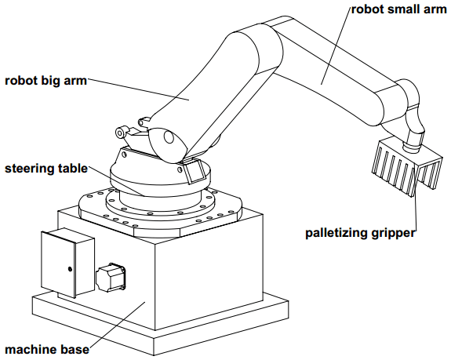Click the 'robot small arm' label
[x=398, y=9]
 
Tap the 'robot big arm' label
[x=45, y=81]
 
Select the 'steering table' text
[x=46, y=169]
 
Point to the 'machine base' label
[x=47, y=350]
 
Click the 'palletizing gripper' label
[x=360, y=233]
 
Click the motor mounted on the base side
[x=111, y=277]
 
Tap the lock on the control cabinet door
[x=70, y=269]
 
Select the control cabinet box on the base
[x=68, y=263]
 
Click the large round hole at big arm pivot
[x=169, y=137]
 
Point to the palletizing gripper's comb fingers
[x=406, y=168]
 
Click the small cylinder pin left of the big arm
[x=121, y=132]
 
